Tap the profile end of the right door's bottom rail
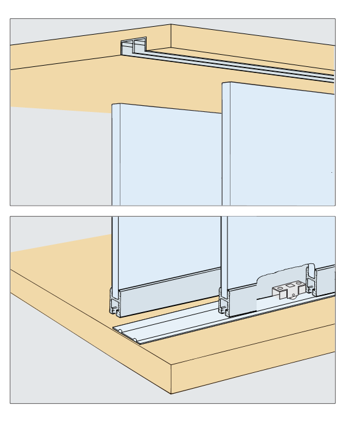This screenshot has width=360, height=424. (224, 302)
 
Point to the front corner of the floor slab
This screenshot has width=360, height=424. (171, 366)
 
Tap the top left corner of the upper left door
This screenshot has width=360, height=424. (112, 105)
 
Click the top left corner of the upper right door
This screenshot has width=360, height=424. (223, 83)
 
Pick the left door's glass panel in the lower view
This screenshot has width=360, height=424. (167, 243)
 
